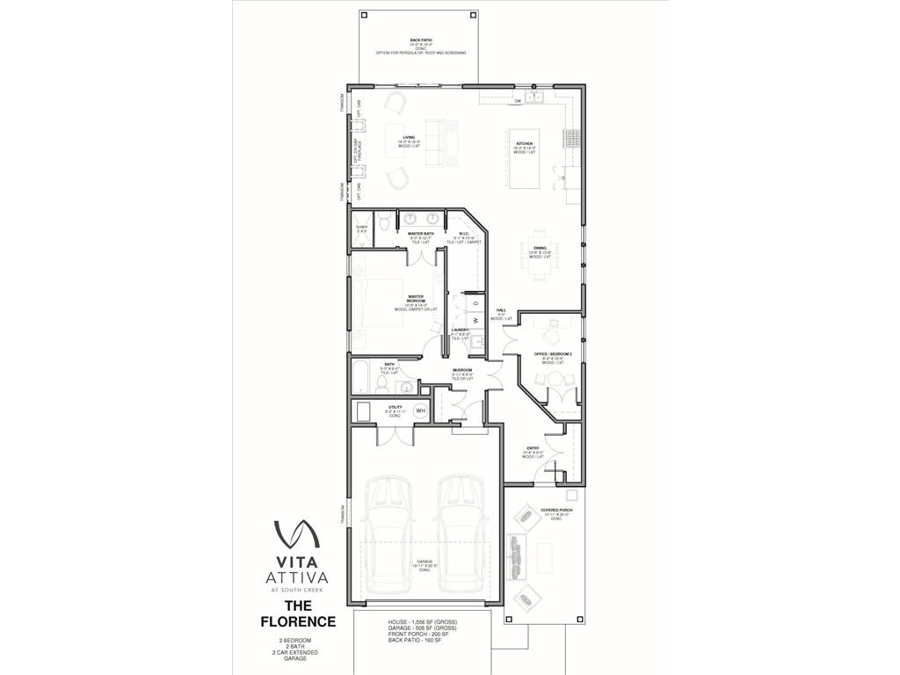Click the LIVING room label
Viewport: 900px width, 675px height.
coord(409,137)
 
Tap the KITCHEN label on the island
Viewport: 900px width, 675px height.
coord(524,143)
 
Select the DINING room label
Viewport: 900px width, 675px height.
coord(539,248)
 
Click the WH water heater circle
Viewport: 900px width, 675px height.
coord(420,410)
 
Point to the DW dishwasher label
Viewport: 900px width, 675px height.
coord(519,102)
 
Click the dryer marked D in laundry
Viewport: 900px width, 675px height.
coord(475,303)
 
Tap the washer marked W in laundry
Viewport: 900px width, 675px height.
coord(475,320)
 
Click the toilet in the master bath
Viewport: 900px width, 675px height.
coord(383,222)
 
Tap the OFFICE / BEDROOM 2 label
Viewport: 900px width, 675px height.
coord(553,353)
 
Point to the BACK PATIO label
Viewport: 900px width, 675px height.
coord(420,40)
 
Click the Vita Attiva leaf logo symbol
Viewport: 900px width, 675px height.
coord(296,533)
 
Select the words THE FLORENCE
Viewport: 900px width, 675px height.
coord(297,613)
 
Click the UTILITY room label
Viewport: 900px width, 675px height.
coord(394,408)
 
